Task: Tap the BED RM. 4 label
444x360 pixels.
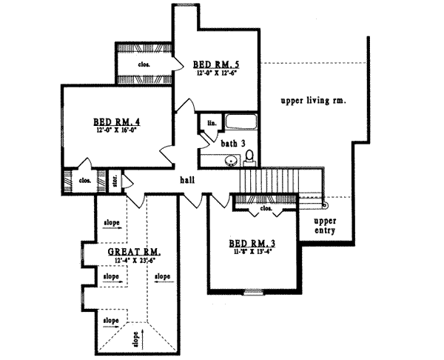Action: pos(117,121)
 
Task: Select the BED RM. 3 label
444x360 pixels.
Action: pos(251,243)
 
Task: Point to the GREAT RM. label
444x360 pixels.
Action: pos(135,252)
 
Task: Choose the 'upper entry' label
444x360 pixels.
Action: pos(325,226)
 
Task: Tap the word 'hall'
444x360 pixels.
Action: pos(186,179)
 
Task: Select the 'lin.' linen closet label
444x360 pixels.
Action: pos(211,122)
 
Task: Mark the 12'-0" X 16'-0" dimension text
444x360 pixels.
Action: pos(116,130)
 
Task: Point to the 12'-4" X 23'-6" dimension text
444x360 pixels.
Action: pos(134,261)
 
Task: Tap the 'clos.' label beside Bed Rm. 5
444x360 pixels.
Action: pos(144,64)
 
